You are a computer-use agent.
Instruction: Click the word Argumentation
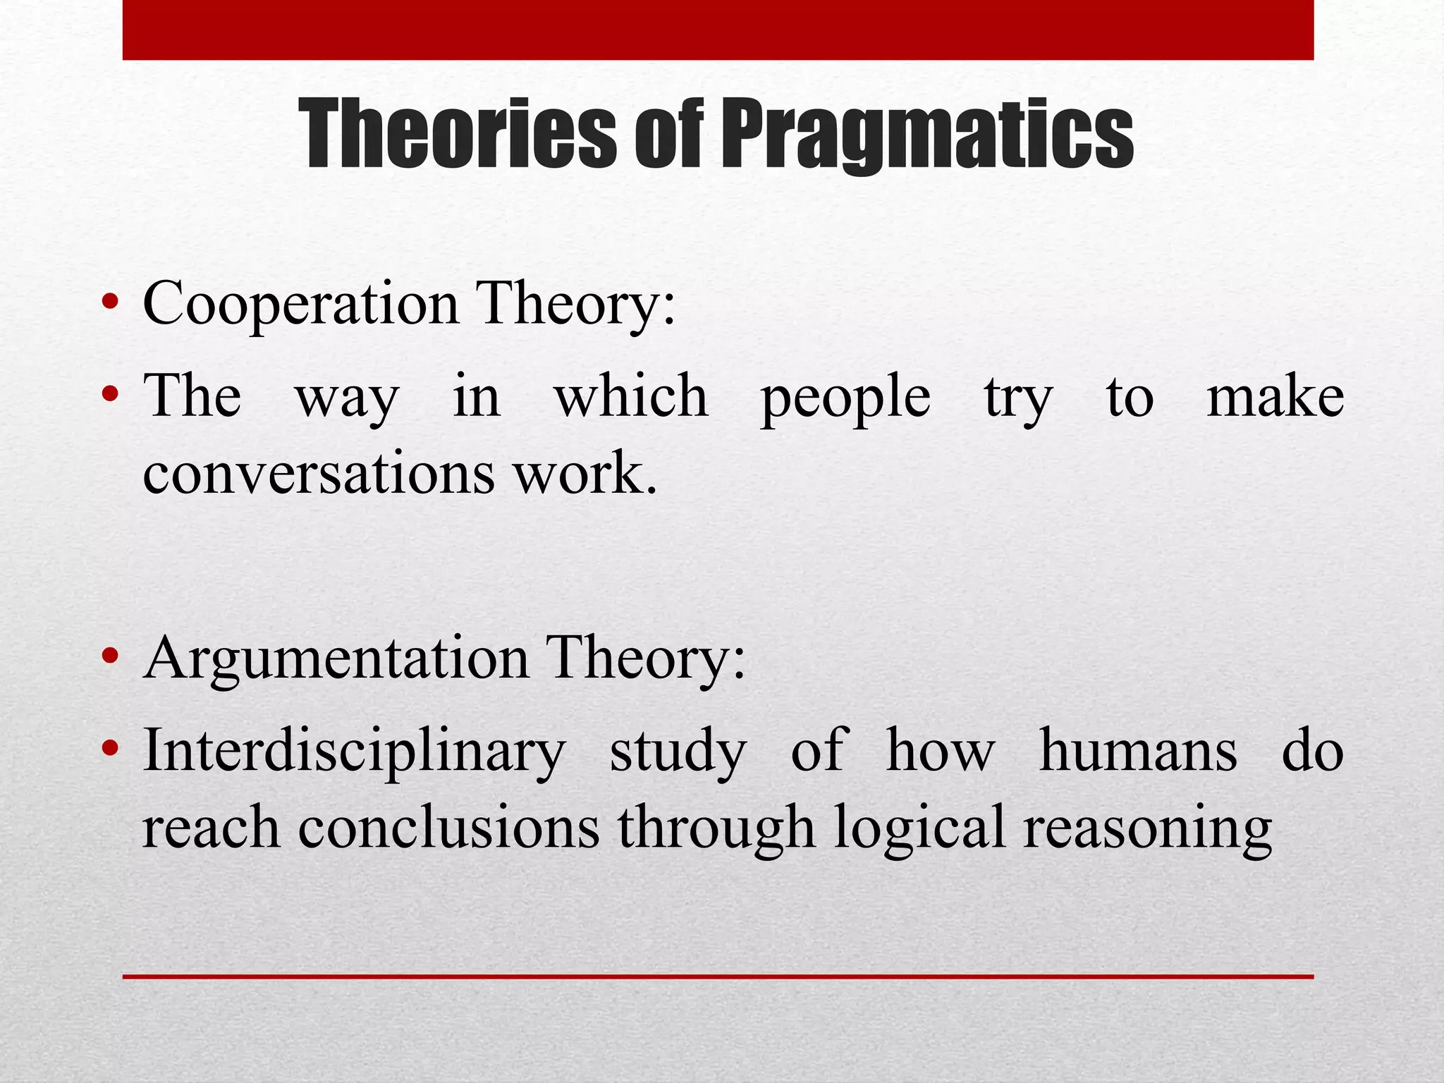point(336,658)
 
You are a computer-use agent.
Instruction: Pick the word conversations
point(319,473)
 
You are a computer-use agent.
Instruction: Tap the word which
point(631,396)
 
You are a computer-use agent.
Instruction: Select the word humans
point(1138,750)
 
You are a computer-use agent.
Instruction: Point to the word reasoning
point(1147,829)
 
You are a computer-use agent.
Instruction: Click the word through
point(716,828)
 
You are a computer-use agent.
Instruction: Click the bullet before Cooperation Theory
point(109,303)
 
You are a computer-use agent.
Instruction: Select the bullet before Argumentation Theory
point(109,657)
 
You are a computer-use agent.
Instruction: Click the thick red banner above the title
point(718,30)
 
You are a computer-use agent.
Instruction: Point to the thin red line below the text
point(718,977)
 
